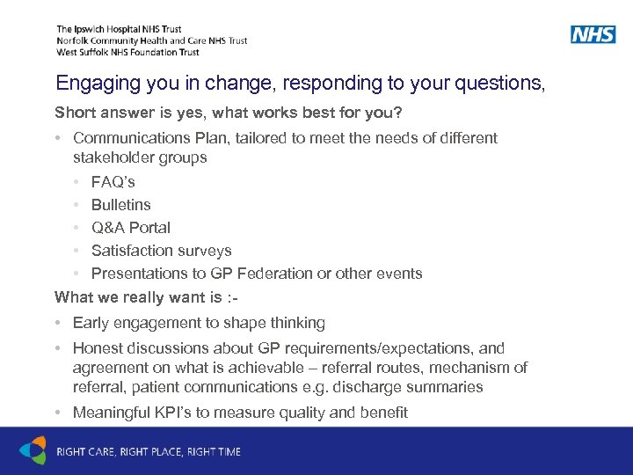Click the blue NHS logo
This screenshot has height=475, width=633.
tap(593, 35)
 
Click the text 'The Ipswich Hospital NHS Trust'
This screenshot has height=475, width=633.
tap(119, 29)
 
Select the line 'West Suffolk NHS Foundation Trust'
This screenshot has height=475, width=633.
tap(127, 52)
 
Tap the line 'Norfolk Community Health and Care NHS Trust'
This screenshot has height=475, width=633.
tap(151, 40)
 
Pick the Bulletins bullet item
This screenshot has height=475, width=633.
tap(120, 205)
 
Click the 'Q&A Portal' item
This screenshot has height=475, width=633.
tap(130, 228)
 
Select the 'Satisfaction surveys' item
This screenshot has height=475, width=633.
tap(161, 251)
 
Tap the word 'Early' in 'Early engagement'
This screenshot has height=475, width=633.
tap(90, 323)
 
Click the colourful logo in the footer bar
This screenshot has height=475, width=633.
tap(33, 450)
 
